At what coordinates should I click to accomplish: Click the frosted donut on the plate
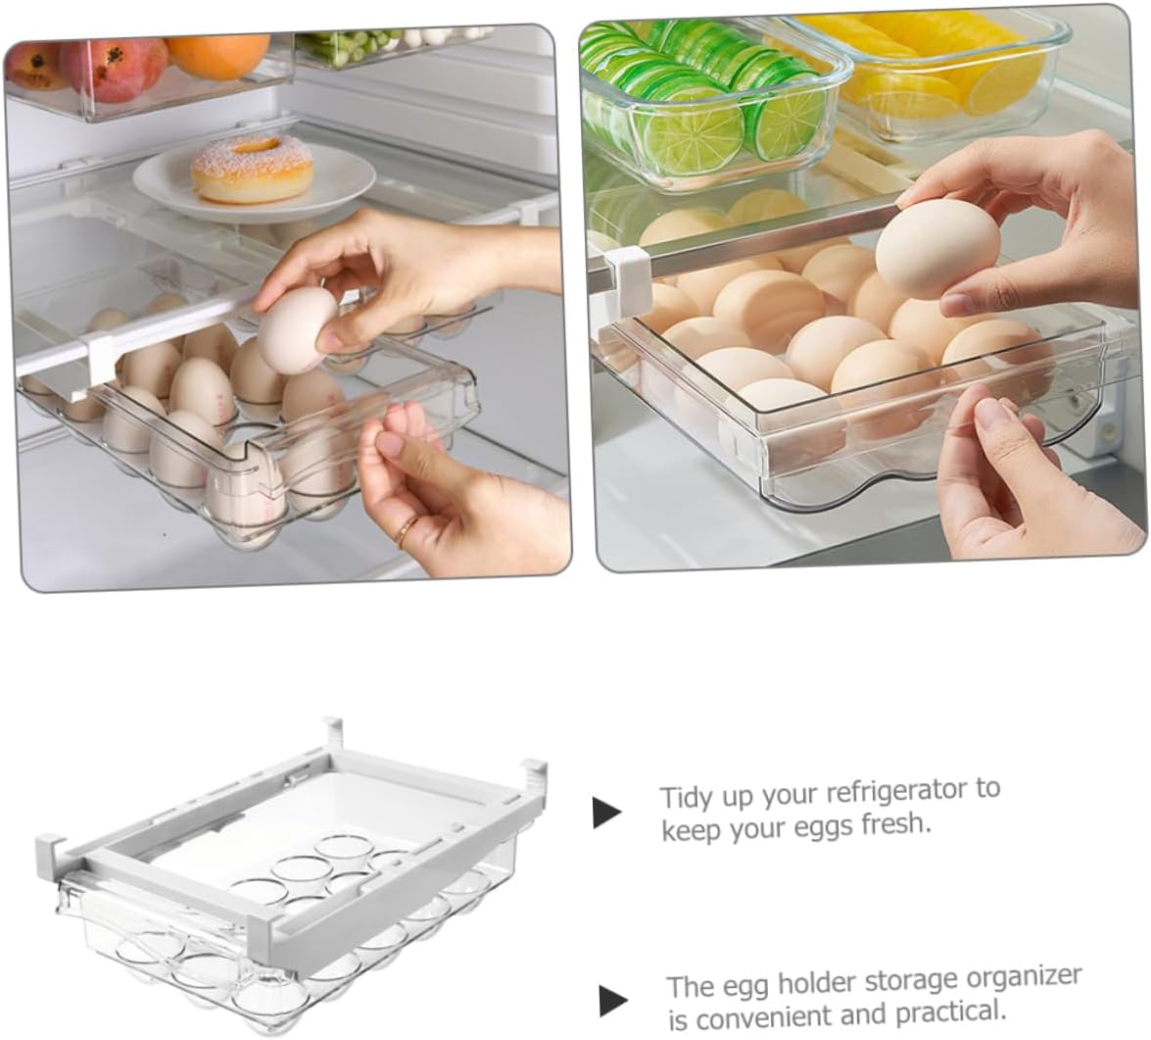(252, 168)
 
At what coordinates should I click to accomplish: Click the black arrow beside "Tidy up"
(607, 813)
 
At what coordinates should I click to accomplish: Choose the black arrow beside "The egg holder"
(613, 1000)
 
